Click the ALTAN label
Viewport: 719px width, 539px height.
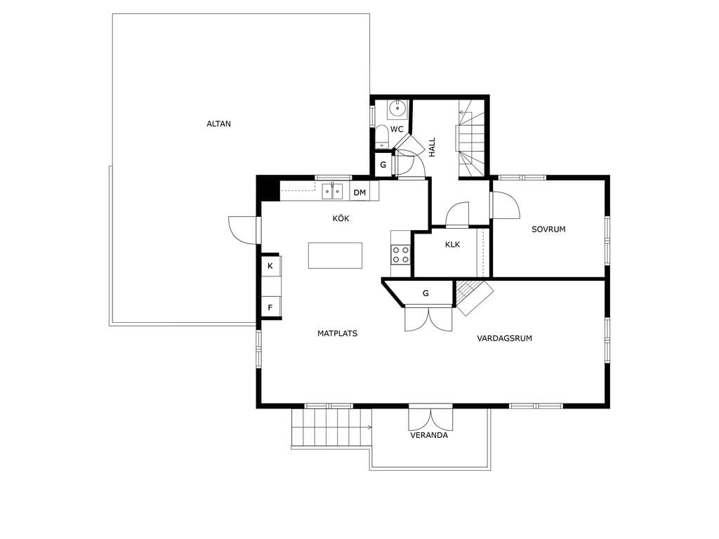tap(219, 124)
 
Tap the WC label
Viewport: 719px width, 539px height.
tap(397, 129)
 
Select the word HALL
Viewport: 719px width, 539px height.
tap(432, 147)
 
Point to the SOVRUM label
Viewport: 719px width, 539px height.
tap(548, 229)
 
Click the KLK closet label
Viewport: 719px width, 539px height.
tap(452, 244)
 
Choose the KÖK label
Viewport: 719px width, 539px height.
tap(341, 218)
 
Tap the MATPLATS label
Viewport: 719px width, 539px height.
tap(338, 333)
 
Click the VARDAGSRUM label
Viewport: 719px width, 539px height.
tap(504, 338)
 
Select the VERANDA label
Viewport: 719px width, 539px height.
tap(429, 435)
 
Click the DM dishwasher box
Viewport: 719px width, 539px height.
tap(360, 192)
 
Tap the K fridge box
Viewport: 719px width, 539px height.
tap(270, 266)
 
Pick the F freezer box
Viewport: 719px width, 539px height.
tap(270, 307)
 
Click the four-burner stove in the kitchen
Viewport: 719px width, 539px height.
tap(400, 255)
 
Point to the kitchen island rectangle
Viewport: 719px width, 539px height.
tap(335, 255)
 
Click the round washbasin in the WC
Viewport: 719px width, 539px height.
tap(397, 109)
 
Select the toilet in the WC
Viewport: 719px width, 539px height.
tap(382, 137)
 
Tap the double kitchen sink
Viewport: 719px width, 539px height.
tap(332, 191)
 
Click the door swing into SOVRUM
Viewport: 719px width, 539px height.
tap(506, 204)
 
